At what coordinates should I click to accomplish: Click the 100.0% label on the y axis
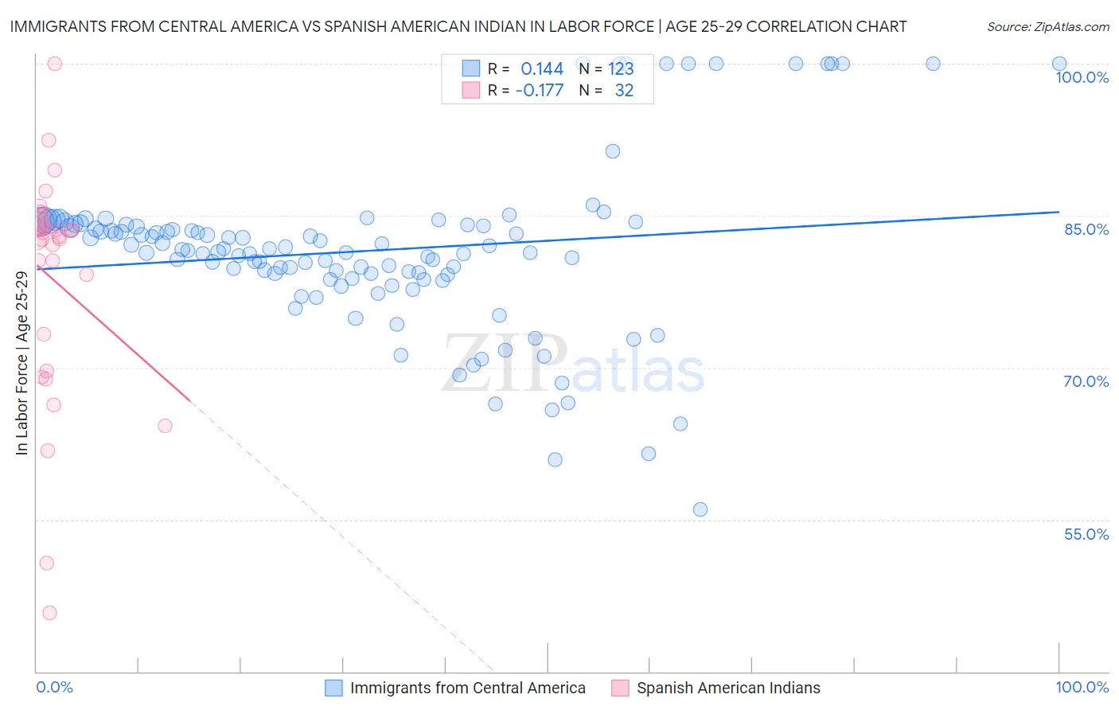click(1082, 77)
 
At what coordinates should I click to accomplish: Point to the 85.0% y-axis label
click(1086, 229)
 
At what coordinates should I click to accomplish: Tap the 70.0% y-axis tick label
click(1086, 381)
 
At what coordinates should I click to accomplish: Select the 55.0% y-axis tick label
click(1086, 534)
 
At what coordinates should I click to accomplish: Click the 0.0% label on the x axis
click(54, 687)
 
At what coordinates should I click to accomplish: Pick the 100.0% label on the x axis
click(1082, 687)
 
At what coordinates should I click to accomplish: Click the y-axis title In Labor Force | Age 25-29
click(21, 363)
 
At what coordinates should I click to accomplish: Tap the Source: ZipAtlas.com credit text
click(1047, 27)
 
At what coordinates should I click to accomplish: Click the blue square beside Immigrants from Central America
click(333, 688)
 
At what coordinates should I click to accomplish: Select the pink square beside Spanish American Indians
click(620, 688)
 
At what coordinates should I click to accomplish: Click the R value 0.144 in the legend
click(542, 68)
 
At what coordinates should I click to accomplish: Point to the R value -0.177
click(540, 91)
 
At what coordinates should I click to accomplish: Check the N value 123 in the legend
click(621, 68)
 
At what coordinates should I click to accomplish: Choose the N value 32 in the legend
click(624, 91)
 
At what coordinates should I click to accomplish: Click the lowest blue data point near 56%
click(700, 509)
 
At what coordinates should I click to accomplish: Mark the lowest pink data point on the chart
click(49, 613)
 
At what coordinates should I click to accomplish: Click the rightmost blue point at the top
click(1059, 64)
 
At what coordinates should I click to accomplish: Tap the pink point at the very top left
click(55, 64)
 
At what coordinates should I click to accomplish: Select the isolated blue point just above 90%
click(613, 151)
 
